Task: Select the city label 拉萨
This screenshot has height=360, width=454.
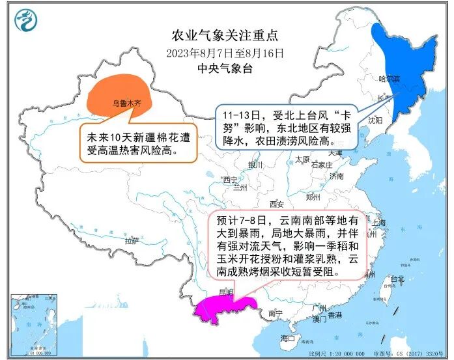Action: pyautogui.click(x=132, y=241)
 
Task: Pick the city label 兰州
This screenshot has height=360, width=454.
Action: pyautogui.click(x=240, y=187)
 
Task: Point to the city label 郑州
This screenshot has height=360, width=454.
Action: pyautogui.click(x=313, y=196)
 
